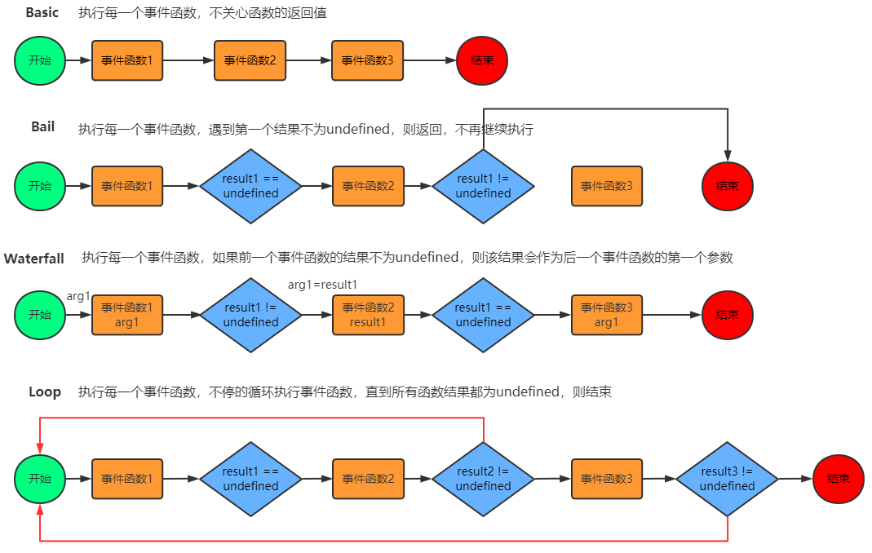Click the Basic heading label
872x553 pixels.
42,13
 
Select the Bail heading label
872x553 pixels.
42,127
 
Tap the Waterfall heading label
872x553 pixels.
34,259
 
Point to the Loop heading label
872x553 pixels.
45,392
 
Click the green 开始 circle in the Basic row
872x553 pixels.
40,60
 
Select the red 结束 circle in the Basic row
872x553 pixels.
482,60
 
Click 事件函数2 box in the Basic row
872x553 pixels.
250,60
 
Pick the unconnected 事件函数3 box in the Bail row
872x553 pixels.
607,186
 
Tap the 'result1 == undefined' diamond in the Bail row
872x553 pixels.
250,186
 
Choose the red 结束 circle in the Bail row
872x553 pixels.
727,186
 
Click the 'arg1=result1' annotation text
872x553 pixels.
323,285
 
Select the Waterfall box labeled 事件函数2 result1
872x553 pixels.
368,315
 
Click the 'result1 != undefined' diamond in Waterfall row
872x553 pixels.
250,315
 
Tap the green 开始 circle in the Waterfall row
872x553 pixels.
40,315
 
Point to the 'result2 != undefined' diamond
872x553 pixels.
483,479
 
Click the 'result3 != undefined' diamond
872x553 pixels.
727,479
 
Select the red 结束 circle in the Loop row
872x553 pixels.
838,479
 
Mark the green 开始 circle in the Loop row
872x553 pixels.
40,479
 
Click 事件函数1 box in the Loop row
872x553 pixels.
127,479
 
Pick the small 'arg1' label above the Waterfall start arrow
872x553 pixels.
78,296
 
